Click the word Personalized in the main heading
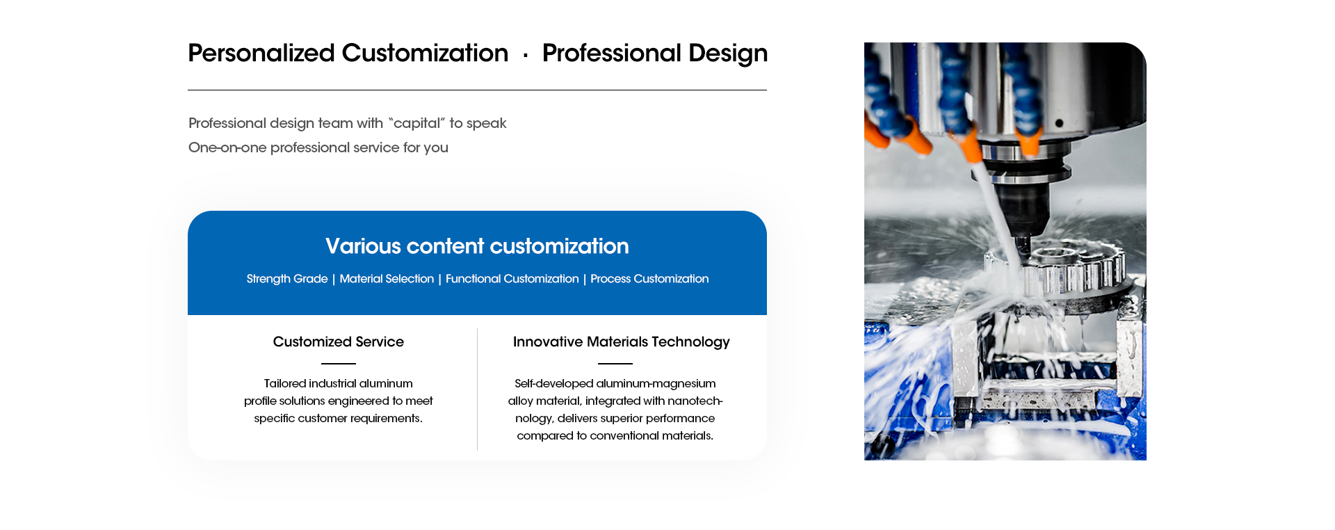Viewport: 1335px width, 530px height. tap(261, 54)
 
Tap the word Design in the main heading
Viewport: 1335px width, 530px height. tap(728, 54)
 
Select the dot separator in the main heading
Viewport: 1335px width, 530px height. tap(526, 55)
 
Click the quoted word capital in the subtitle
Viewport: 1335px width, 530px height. tap(416, 123)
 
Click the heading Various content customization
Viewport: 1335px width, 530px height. tap(477, 246)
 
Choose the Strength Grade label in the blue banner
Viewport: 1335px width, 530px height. tap(287, 279)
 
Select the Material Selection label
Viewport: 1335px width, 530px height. tap(387, 279)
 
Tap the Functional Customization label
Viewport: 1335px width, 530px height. tap(512, 279)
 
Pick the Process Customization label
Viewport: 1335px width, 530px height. tap(649, 279)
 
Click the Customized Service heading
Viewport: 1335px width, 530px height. tap(339, 342)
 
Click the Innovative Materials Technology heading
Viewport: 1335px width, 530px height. tap(622, 342)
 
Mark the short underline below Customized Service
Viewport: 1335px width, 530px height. tap(339, 364)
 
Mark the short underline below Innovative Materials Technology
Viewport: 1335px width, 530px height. tap(615, 364)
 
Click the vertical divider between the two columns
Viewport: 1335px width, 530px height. tap(477, 390)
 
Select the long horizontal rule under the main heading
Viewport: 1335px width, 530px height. tap(477, 90)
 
